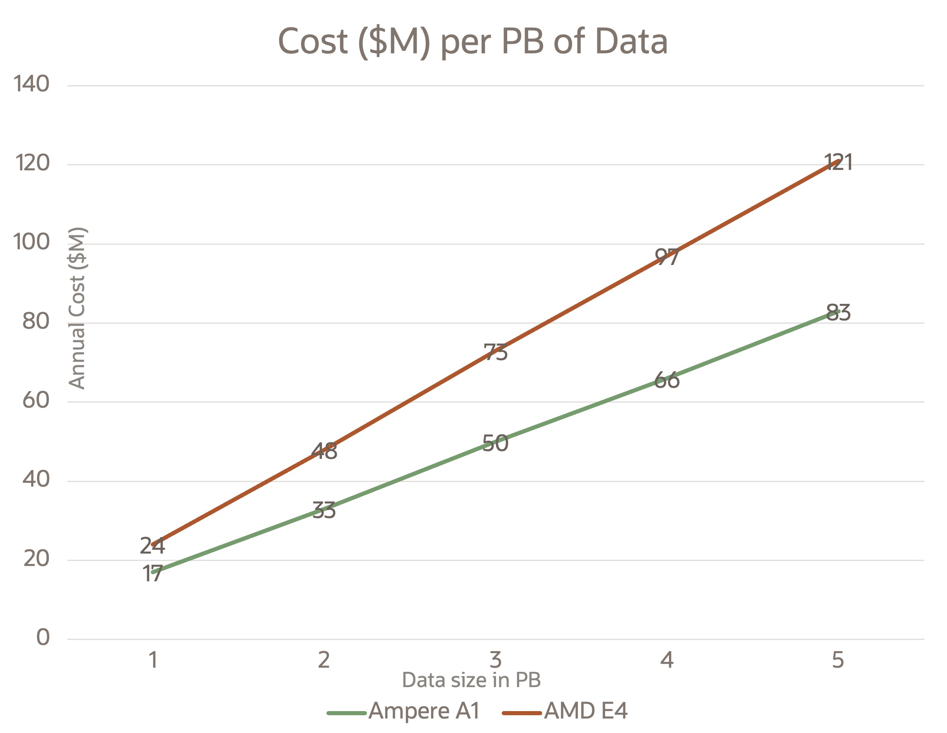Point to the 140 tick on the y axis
point(31,83)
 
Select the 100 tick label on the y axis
point(31,241)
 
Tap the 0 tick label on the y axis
point(43,637)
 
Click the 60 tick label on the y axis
point(36,399)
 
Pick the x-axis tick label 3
point(495,660)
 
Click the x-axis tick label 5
point(838,660)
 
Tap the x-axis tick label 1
point(153,660)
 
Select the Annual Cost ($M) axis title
point(78,308)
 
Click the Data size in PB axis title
point(471,680)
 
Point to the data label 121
point(838,162)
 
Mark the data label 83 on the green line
point(838,313)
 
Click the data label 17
point(152,574)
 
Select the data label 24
point(152,546)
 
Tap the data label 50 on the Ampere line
point(495,443)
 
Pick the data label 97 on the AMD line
point(666,257)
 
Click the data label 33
point(324,511)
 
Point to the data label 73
point(495,352)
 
